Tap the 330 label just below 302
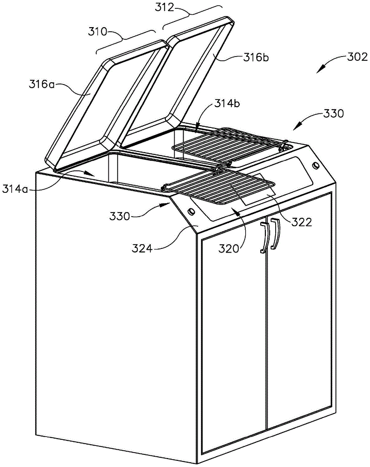[x=332, y=113]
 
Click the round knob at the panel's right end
[x=316, y=166]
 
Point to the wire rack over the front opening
[x=220, y=187]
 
